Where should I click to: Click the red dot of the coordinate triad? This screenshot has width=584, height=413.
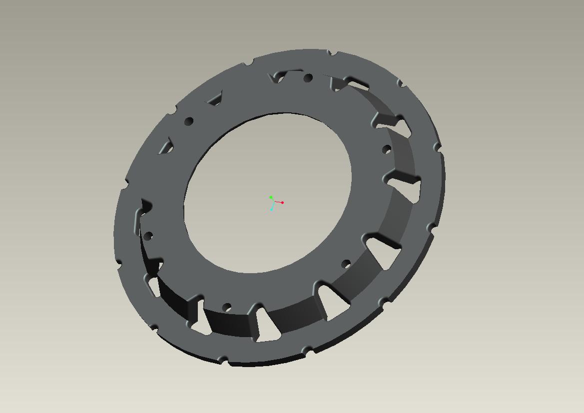point(282,202)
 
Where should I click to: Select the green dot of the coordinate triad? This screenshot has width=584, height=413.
point(271,198)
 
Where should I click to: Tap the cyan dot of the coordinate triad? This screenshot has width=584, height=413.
point(272,209)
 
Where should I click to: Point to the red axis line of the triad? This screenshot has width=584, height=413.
point(277,201)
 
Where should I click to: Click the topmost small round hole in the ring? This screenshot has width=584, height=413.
point(308,78)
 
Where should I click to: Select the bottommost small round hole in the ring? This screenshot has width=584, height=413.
point(226,307)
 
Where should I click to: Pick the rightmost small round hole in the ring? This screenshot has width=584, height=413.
point(386,149)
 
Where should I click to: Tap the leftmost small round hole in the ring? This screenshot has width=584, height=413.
point(148,236)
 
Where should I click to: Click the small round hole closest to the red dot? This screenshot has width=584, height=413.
point(346,264)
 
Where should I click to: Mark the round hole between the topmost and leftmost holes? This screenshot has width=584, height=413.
point(189,121)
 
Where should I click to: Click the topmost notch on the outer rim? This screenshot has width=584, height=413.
point(331,52)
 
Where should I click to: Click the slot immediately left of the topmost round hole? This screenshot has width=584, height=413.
point(278,77)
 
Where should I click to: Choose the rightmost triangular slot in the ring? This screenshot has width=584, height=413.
point(409,188)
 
